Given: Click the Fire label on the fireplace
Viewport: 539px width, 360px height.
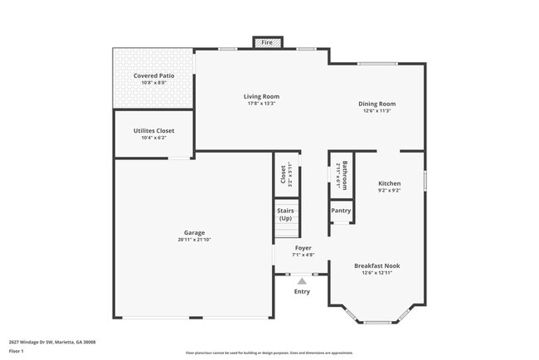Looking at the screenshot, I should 267,42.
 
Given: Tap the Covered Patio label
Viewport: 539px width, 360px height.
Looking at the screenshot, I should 153,75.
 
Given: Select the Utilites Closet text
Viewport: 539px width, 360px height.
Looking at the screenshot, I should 153,131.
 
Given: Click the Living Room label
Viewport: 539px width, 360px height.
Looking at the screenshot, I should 261,96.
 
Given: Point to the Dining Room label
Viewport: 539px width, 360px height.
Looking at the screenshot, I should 376,104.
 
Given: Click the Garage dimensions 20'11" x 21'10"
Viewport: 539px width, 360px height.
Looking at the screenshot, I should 194,240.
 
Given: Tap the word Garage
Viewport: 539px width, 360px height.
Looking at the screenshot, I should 194,232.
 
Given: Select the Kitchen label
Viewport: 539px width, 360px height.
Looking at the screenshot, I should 390,183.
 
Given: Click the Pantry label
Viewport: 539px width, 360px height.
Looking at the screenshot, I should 341,211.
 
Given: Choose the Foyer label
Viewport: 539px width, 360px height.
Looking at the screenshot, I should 303,248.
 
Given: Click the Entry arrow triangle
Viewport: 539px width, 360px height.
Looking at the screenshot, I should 302,281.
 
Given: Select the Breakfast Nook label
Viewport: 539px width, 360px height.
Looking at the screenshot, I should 377,265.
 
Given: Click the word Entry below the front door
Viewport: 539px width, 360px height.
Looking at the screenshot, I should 302,291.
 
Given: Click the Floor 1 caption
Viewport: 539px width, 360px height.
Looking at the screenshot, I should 17,349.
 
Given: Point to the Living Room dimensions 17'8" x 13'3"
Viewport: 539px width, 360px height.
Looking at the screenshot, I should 261,104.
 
